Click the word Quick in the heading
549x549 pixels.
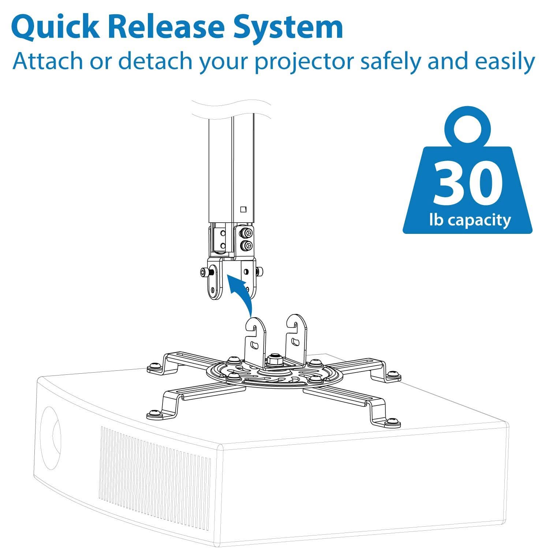(x=55, y=27)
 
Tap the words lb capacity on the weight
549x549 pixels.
(x=470, y=220)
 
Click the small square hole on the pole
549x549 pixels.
(x=243, y=209)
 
